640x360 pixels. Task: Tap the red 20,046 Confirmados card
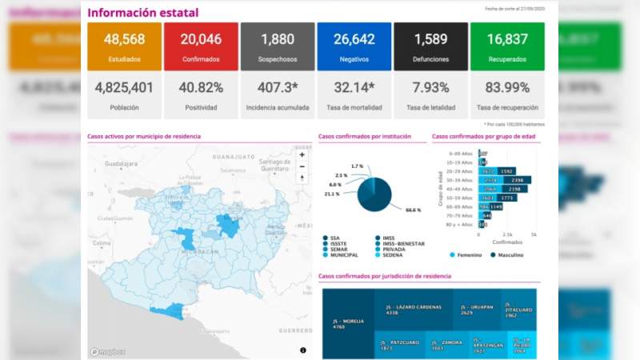(x=201, y=47)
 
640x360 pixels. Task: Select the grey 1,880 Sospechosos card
(x=278, y=47)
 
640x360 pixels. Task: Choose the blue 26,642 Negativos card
(x=354, y=47)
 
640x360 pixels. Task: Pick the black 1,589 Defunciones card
(x=430, y=47)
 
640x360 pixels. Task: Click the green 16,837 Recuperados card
(x=507, y=47)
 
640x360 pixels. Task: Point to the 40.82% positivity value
(x=201, y=87)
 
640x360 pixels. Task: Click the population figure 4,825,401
(x=124, y=87)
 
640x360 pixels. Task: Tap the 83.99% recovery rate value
(x=507, y=87)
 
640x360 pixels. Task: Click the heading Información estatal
(x=142, y=13)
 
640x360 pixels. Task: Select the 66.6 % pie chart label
(x=413, y=210)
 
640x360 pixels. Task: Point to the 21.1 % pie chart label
(x=331, y=194)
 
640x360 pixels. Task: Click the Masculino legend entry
(x=507, y=255)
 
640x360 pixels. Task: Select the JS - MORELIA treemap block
(x=348, y=323)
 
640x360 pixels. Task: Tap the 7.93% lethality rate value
(x=430, y=87)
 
